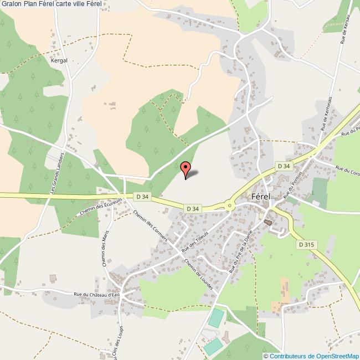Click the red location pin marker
click(x=186, y=168)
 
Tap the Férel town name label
click(x=260, y=196)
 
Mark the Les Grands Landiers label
click(x=58, y=173)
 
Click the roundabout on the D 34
click(x=229, y=207)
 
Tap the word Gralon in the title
click(x=12, y=4)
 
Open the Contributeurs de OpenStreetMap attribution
click(x=314, y=356)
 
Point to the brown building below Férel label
click(x=268, y=222)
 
